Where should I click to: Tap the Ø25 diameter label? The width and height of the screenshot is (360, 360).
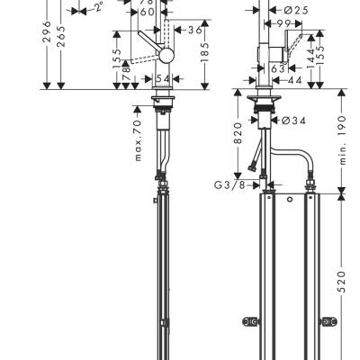click(x=273, y=10)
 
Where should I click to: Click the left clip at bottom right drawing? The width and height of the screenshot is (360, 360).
click(x=248, y=319)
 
